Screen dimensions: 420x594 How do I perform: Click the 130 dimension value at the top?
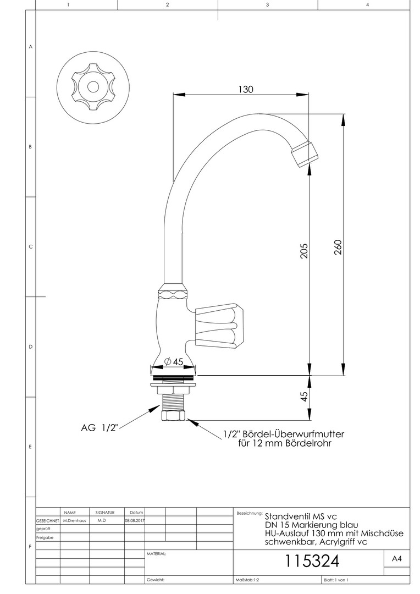(x=245, y=90)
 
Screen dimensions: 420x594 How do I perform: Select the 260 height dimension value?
(x=338, y=248)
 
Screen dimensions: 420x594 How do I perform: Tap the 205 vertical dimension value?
(x=304, y=251)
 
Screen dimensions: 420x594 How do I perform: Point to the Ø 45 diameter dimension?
(x=174, y=362)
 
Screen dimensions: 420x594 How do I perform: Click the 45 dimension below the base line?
(x=304, y=397)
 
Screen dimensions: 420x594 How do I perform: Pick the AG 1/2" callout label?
(x=100, y=428)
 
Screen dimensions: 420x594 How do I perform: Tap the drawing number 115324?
(x=312, y=561)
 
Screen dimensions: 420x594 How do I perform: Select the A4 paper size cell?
(x=396, y=559)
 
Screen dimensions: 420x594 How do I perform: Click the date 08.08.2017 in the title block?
(x=135, y=520)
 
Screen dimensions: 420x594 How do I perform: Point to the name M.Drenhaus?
(x=74, y=520)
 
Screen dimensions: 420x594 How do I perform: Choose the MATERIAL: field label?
(x=157, y=554)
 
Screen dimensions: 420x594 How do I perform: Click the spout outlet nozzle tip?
(x=305, y=154)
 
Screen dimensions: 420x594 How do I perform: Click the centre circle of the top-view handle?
(x=92, y=87)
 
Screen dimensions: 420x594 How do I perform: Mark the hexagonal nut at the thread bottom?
(x=173, y=416)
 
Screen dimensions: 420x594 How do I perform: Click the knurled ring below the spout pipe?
(x=173, y=294)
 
